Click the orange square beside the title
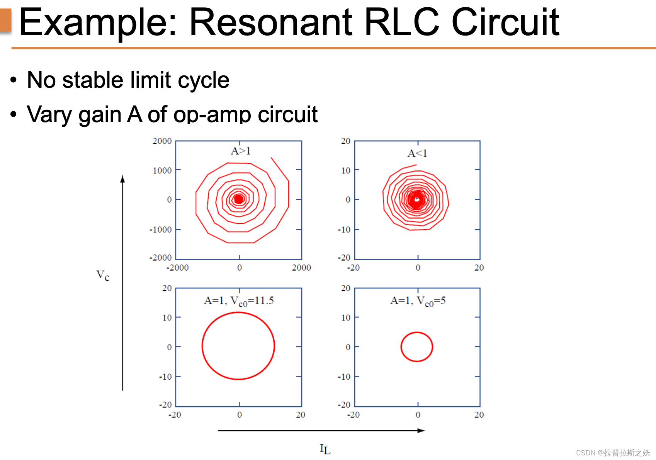point(5,20)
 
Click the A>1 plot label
point(240,151)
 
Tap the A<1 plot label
point(417,153)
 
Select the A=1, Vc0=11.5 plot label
point(239,301)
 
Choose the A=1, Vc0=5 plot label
point(418,301)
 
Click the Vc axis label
point(103,275)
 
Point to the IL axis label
point(325,449)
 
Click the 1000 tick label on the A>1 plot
point(162,170)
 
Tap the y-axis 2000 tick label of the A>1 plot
point(162,141)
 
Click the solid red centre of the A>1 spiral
point(239,199)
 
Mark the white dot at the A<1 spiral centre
point(416,199)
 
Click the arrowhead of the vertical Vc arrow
point(122,178)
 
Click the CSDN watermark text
point(613,453)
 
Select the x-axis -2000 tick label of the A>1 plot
point(177,267)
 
